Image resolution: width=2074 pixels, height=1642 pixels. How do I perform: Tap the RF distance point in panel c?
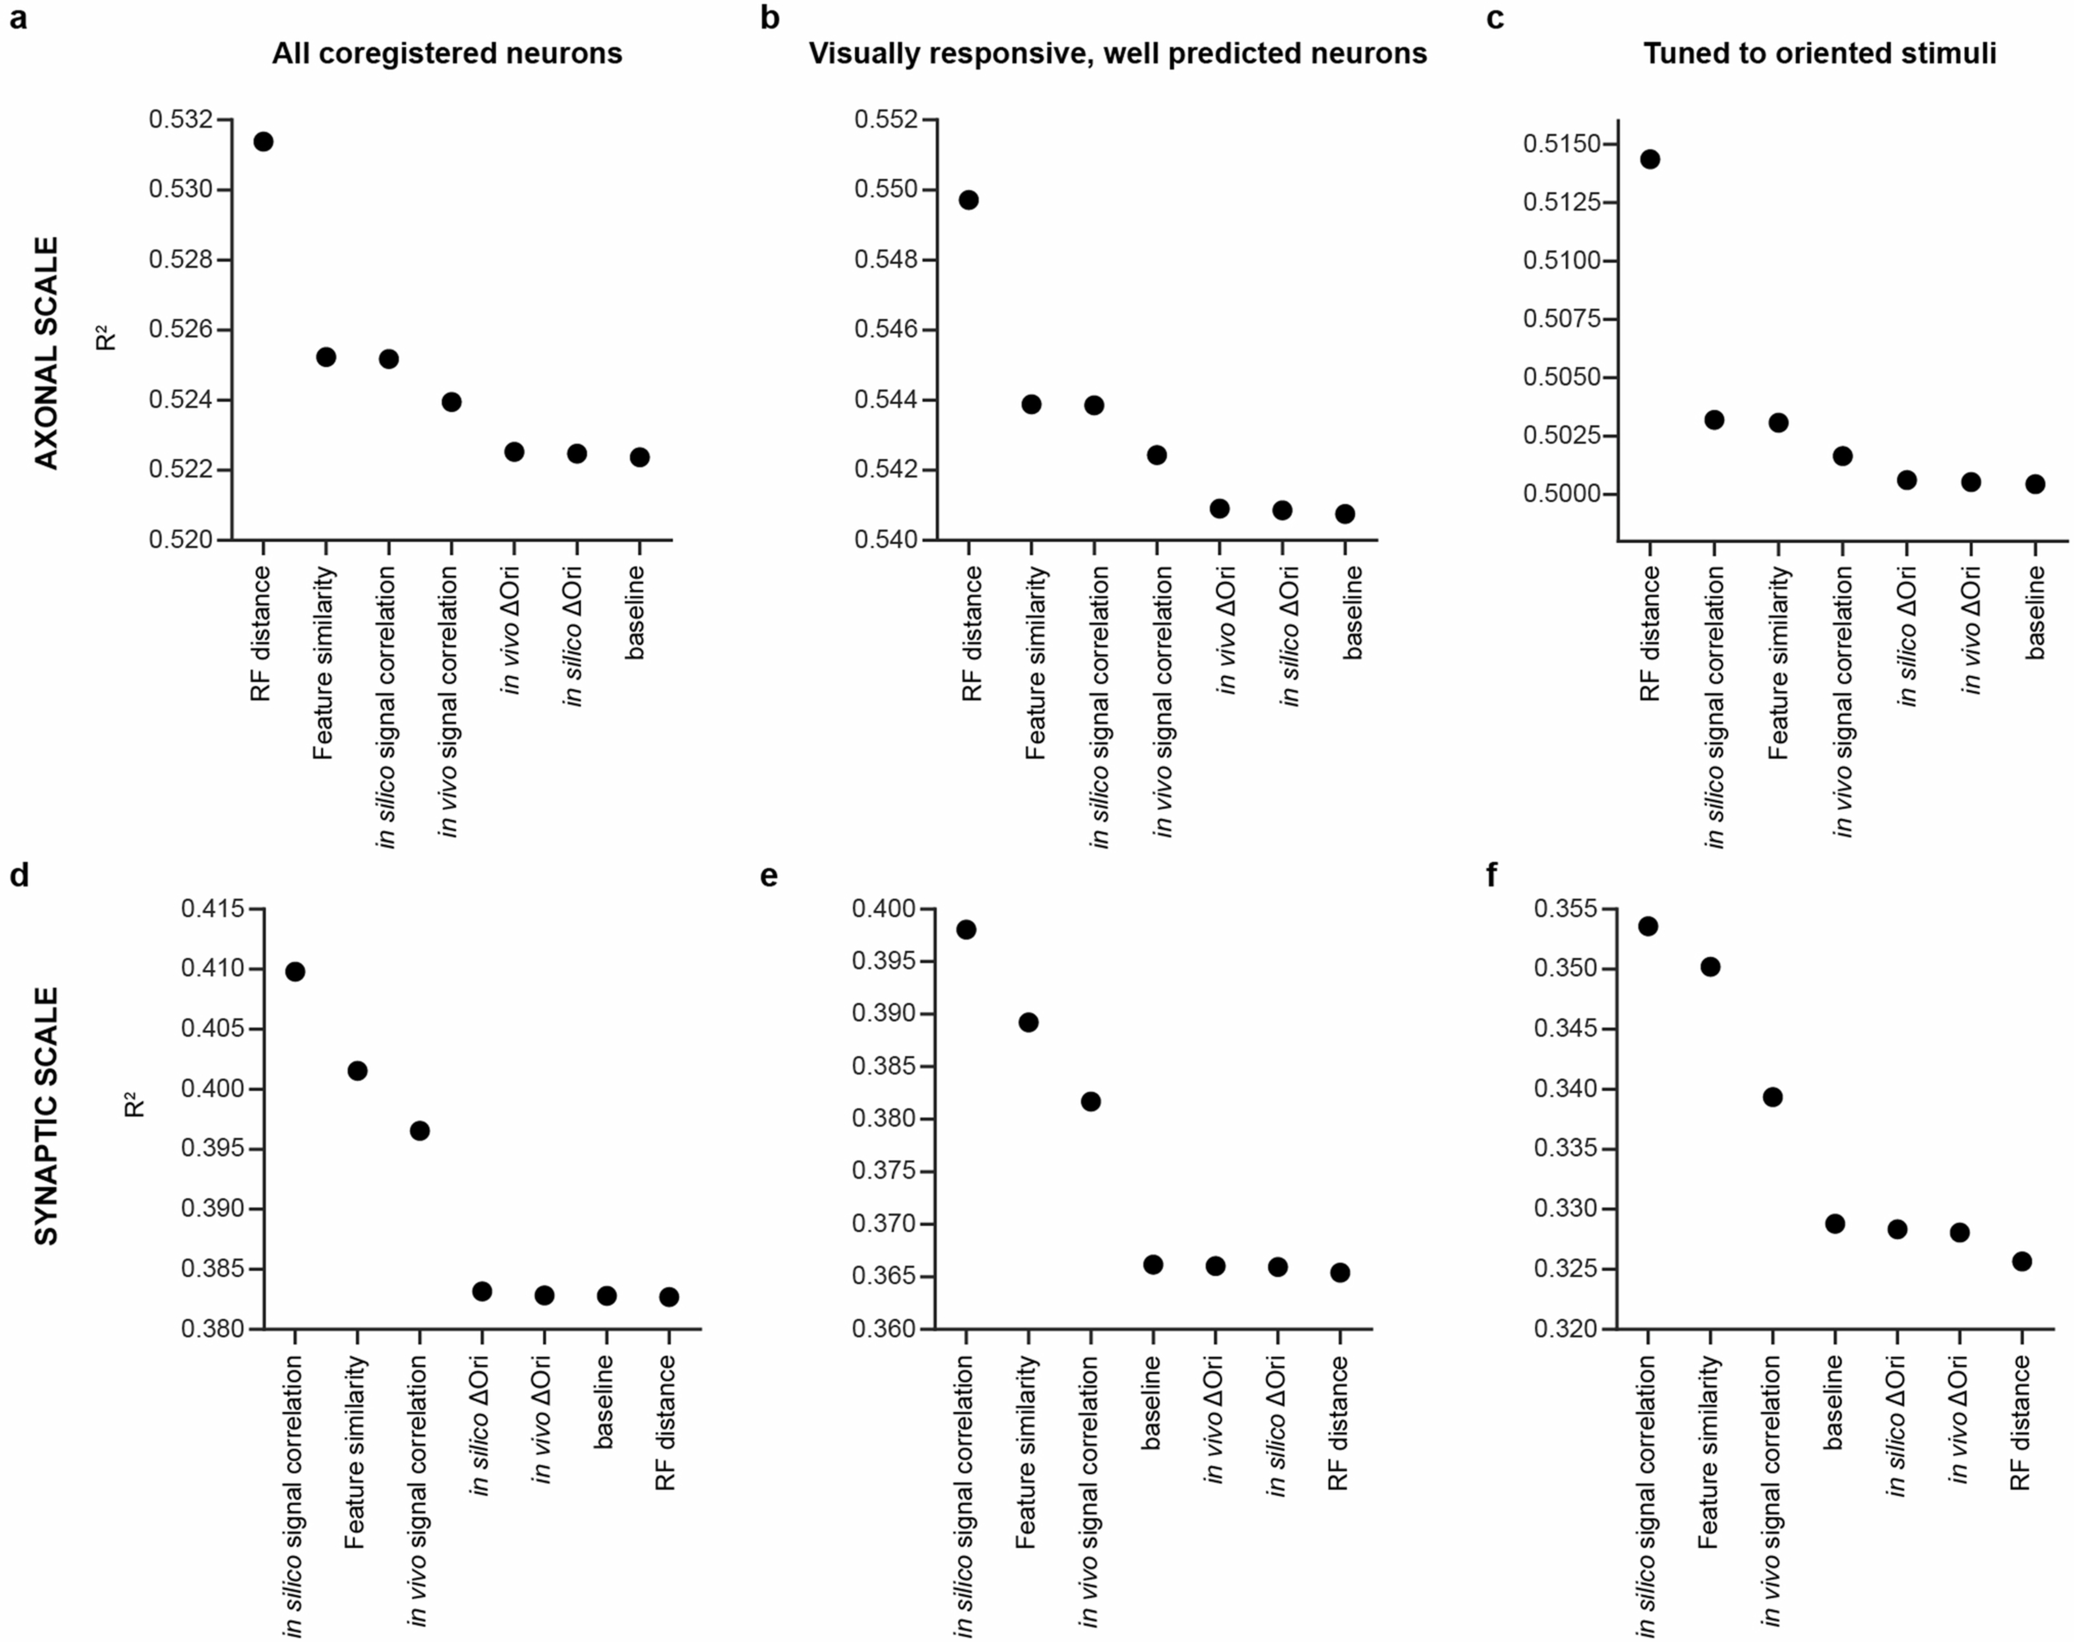(1650, 159)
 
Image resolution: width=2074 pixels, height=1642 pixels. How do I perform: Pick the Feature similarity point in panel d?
(357, 1071)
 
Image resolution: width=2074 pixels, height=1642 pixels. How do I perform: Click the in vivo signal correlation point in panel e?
(1090, 1102)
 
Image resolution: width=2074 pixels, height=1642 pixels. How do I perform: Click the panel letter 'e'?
(768, 877)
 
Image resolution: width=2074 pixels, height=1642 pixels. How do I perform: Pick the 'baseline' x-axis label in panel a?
(635, 613)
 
